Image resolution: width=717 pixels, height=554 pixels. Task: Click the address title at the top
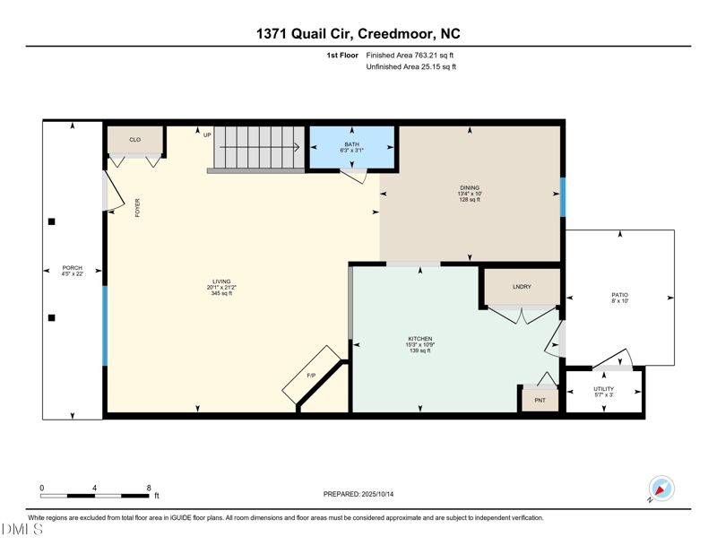tap(358, 34)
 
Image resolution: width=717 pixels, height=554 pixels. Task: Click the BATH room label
tap(351, 144)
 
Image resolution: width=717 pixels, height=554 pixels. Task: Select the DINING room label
tap(470, 188)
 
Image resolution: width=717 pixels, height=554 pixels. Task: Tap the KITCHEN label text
tap(419, 339)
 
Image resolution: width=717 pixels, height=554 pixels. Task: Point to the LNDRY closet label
tap(522, 287)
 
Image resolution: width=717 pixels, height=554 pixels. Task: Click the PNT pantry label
tap(540, 400)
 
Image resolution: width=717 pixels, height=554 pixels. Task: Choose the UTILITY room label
tap(603, 389)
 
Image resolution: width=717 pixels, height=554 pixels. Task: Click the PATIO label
tap(619, 295)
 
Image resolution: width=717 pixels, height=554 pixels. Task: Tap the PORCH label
tap(72, 268)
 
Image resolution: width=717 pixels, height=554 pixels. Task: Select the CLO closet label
tap(135, 140)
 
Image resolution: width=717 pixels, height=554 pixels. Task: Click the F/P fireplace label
tap(311, 375)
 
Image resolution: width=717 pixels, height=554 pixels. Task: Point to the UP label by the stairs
tap(207, 135)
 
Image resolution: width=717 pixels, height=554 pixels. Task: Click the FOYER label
tap(138, 208)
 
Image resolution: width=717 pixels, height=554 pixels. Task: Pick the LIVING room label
tap(221, 281)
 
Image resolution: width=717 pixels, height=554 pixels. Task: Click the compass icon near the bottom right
tap(661, 489)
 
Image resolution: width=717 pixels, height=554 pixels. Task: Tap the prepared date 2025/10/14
tap(358, 494)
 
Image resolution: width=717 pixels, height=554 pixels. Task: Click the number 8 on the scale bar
tap(149, 488)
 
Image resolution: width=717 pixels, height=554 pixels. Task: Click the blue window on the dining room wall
tap(563, 196)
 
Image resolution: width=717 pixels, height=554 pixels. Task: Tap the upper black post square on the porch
tap(52, 221)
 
